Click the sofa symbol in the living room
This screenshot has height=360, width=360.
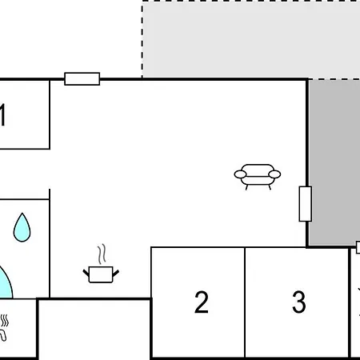click(258, 177)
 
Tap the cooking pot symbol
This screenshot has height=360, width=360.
click(101, 274)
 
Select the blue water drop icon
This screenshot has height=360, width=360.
click(22, 227)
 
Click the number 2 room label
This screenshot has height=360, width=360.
click(202, 302)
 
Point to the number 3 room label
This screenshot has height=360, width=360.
click(299, 302)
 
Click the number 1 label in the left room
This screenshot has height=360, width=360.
click(2, 114)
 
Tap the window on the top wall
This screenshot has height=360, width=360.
click(82, 79)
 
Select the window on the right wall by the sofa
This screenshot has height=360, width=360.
click(306, 204)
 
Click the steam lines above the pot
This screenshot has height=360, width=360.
click(102, 254)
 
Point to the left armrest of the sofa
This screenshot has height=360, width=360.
click(240, 174)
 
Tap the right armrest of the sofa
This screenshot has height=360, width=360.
click(274, 174)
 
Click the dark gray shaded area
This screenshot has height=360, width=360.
click(334, 162)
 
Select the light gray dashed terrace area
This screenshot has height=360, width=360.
click(250, 40)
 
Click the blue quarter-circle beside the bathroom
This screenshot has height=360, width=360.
click(6, 283)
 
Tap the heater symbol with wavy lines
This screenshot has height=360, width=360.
click(4, 327)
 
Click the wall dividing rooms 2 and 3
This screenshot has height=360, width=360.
click(245, 302)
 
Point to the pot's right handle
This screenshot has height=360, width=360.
click(116, 273)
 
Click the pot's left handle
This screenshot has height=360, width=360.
click(86, 273)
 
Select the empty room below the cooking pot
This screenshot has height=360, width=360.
click(94, 329)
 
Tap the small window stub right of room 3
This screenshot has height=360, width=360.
click(358, 247)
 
